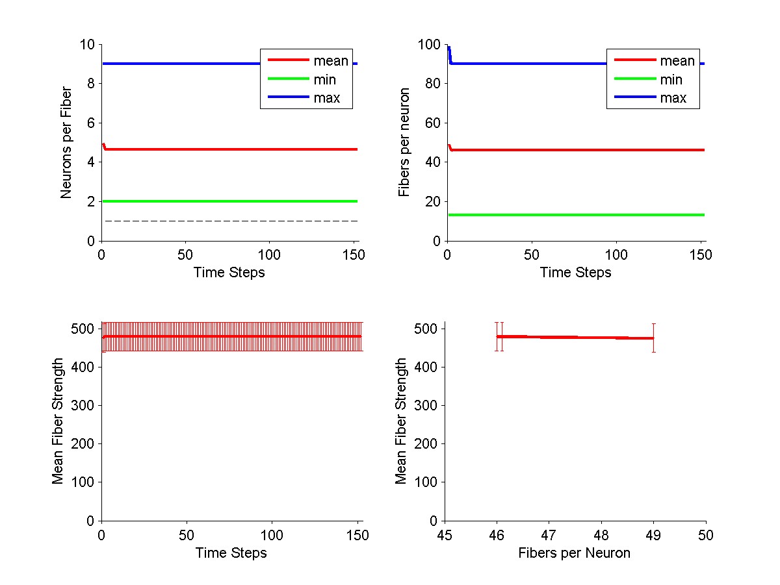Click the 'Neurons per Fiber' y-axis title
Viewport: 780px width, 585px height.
66,143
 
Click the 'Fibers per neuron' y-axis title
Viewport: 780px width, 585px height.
404,143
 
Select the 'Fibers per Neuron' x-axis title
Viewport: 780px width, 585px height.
574,553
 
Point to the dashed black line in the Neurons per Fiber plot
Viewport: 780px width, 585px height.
227,221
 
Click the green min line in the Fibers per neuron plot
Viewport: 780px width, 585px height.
572,215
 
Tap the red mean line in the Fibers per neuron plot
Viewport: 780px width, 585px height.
572,150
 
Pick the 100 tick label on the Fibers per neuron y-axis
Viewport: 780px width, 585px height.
430,45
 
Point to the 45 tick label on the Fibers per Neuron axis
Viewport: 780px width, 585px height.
445,535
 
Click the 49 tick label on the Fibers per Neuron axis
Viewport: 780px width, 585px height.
653,535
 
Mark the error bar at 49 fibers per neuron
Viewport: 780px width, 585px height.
653,338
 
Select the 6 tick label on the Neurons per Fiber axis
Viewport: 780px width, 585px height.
91,123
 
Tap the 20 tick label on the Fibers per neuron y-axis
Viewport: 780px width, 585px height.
433,202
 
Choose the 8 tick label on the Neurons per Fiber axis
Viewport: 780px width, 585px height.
91,84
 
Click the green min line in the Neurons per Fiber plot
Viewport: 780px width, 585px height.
227,201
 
